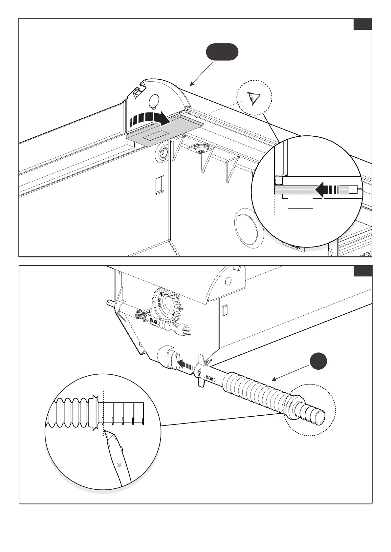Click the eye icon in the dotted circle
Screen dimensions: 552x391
(x=254, y=98)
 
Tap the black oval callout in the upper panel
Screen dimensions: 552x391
(x=222, y=52)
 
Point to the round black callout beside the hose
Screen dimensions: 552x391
(x=318, y=362)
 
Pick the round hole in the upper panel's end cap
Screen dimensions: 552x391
(x=153, y=100)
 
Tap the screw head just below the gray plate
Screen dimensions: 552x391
(x=163, y=153)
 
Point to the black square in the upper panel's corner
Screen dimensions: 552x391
(x=362, y=25)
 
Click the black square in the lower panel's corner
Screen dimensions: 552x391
(x=362, y=271)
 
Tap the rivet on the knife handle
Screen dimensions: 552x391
(x=119, y=464)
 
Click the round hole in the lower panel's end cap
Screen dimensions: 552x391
(x=228, y=281)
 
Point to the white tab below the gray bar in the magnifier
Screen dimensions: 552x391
(x=300, y=202)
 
